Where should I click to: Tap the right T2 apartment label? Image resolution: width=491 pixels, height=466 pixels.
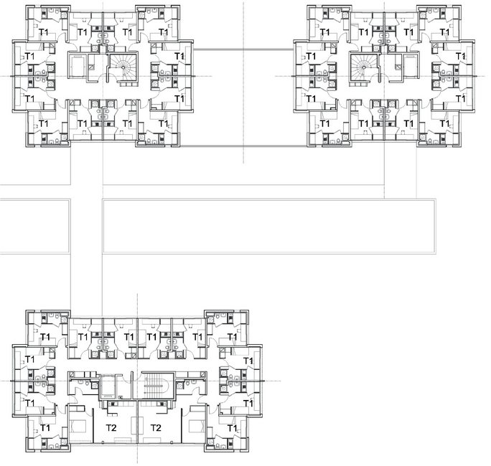click(x=156, y=427)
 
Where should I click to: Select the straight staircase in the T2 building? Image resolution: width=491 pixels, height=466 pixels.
click(x=154, y=388)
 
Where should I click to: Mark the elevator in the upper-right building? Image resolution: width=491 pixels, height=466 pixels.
click(x=411, y=67)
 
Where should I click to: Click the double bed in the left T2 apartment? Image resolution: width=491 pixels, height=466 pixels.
click(x=78, y=431)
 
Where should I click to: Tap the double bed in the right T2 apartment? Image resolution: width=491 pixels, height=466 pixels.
click(x=195, y=431)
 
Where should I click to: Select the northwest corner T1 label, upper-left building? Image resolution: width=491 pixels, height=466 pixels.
click(x=44, y=32)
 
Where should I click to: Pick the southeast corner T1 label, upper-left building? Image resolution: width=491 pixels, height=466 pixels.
click(x=162, y=124)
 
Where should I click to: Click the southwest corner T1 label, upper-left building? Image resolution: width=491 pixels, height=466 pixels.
click(x=44, y=124)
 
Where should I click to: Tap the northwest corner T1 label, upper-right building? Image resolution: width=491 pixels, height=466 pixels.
click(x=324, y=32)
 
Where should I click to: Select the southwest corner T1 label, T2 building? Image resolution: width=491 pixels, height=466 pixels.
click(x=44, y=428)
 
